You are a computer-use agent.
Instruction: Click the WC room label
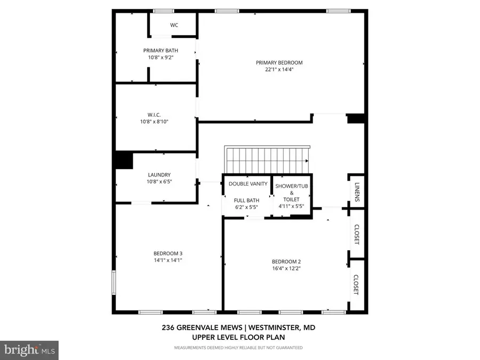coord(174,25)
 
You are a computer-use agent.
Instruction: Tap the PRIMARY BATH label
coord(161,51)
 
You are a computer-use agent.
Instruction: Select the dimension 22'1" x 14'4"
coord(279,69)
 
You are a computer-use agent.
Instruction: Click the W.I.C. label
coord(154,115)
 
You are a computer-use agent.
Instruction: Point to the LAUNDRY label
coord(159,175)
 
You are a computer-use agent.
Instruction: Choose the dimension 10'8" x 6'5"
coord(159,181)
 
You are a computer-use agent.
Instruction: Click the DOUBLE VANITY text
coord(248,183)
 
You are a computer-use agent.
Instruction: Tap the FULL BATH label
coord(246,200)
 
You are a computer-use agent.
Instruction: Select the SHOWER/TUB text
coord(291,186)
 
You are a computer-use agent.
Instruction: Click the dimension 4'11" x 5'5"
coord(291,206)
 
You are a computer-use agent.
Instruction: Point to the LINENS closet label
coord(357,192)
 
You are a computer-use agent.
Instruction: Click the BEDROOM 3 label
coord(168,253)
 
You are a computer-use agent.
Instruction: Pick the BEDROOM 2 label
coord(286,262)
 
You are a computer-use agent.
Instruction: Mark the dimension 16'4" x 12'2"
coord(286,268)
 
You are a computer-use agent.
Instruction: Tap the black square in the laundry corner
coord(124,160)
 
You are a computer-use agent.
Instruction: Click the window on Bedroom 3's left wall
coord(114,282)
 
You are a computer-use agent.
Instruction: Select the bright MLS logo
coord(29,350)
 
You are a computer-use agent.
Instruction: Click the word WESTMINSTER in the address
coord(274,327)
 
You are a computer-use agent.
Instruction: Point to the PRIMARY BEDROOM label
coord(279,63)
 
